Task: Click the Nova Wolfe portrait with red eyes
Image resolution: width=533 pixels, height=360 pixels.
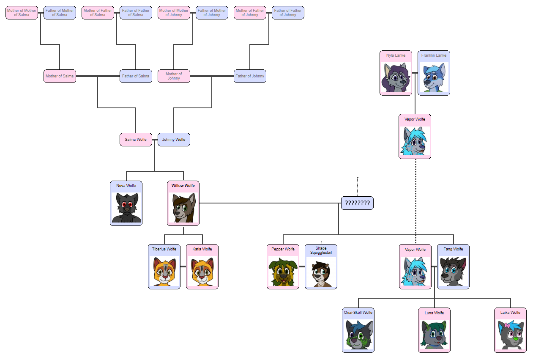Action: (x=126, y=207)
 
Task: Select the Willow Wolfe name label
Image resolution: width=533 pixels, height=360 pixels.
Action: (x=183, y=185)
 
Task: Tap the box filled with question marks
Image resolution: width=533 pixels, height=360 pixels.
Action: (x=357, y=203)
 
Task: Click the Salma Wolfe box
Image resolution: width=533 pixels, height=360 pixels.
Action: (x=136, y=140)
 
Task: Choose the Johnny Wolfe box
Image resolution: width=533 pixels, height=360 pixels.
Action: (x=174, y=140)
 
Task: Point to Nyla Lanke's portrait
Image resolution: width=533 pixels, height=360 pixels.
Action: (x=396, y=78)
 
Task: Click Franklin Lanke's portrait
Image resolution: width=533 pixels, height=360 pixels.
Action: (x=434, y=78)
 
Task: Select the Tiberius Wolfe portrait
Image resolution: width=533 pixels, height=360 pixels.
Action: (x=164, y=272)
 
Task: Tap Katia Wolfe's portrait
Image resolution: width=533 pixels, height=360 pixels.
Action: (x=202, y=272)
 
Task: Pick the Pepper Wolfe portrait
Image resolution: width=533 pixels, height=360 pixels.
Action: (x=283, y=272)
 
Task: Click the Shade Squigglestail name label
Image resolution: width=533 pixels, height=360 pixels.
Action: (x=321, y=250)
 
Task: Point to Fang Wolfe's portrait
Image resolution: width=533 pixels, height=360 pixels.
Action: (x=453, y=272)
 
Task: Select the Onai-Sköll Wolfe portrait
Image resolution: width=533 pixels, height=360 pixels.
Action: (x=358, y=335)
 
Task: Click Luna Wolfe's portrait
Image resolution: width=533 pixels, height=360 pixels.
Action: (x=434, y=335)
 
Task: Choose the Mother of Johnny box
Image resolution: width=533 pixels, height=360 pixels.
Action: (x=174, y=76)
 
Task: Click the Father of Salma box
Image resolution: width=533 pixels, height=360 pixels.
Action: (x=136, y=76)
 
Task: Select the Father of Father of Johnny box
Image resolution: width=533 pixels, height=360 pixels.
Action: (x=288, y=13)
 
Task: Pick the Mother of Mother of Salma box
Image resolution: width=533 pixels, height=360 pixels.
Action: (x=22, y=13)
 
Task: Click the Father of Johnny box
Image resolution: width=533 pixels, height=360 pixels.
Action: (x=250, y=76)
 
